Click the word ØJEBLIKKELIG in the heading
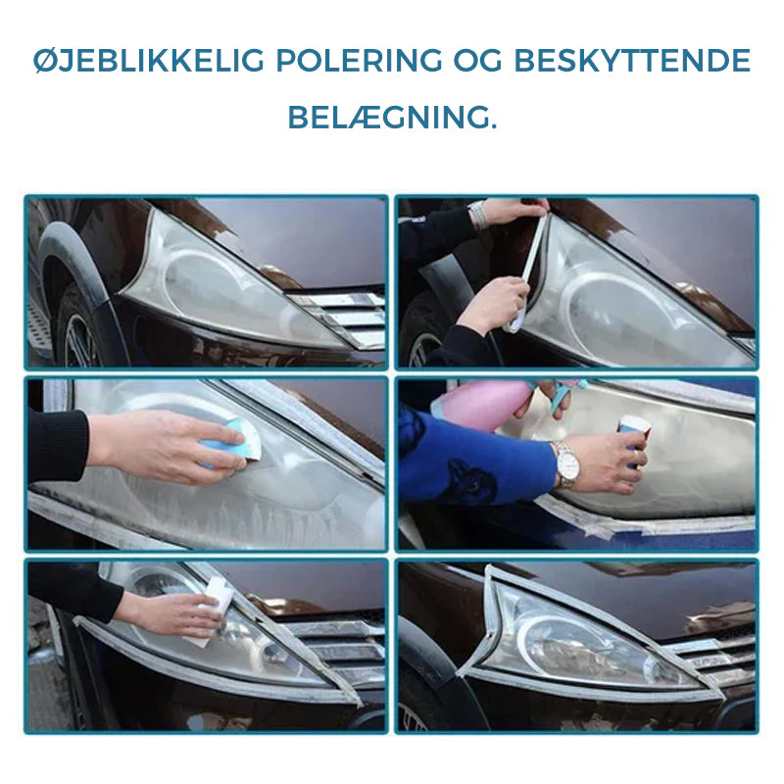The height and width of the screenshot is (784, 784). [x=149, y=61]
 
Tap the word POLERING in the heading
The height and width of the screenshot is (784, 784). [x=359, y=61]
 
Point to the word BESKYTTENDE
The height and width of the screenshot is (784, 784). [x=632, y=61]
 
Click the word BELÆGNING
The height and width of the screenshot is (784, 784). [x=393, y=118]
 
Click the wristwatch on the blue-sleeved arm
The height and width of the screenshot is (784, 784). [x=566, y=465]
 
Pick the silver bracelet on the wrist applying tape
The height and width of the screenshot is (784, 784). [x=478, y=215]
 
